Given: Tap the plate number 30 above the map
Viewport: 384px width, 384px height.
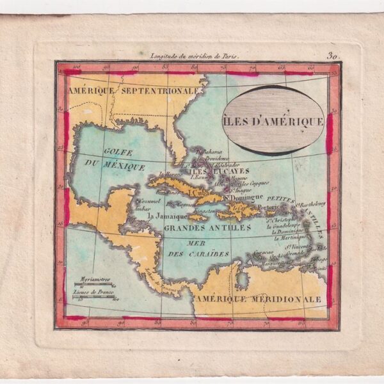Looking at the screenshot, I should (332, 56).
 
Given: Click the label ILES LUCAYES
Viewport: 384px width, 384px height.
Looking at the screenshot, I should (205, 172).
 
